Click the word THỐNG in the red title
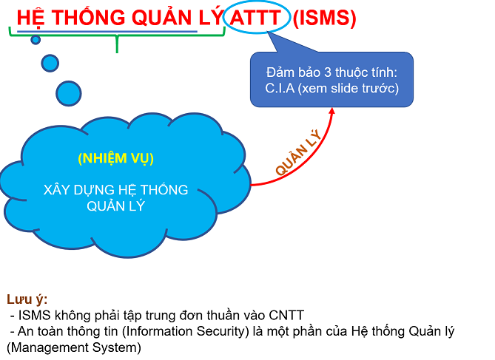click(81, 18)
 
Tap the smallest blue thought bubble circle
click(36, 39)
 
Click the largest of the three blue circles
click(69, 92)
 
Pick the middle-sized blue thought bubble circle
click(50, 63)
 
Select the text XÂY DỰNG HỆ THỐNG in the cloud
click(115, 191)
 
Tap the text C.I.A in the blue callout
click(282, 89)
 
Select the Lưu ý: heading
click(27, 300)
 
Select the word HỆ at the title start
click(28, 18)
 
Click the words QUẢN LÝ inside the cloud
click(115, 206)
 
